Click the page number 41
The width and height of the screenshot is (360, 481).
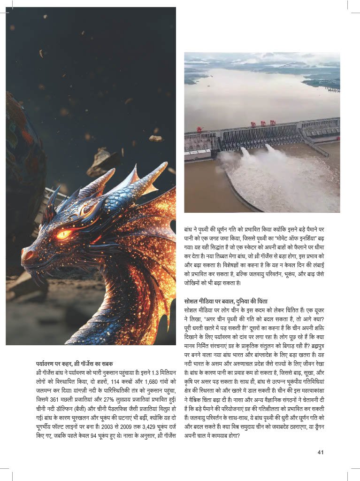point(321,452)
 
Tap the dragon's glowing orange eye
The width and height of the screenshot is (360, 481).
point(64,233)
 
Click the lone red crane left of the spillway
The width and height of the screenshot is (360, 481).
point(199,129)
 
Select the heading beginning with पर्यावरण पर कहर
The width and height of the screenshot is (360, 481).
point(74,363)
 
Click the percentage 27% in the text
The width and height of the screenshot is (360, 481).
point(103,397)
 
